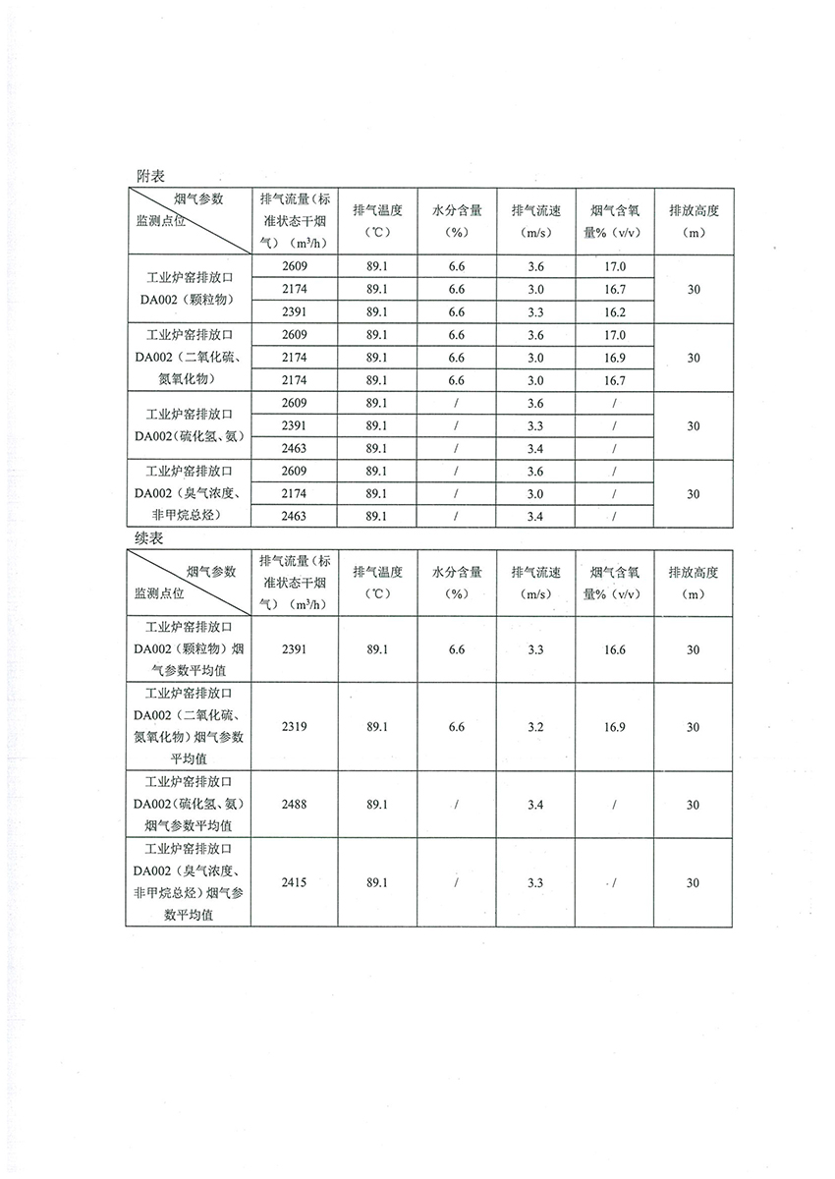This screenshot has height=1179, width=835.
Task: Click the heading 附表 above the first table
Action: [x=150, y=174]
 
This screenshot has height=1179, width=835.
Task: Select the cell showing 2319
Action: [x=294, y=727]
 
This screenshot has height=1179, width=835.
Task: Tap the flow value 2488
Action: [x=294, y=805]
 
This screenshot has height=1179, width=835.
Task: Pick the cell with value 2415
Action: [x=294, y=882]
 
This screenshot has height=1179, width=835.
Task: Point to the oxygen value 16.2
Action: [x=613, y=311]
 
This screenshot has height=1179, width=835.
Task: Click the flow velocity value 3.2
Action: [x=535, y=727]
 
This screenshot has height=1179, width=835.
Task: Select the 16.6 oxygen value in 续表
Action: [x=613, y=649]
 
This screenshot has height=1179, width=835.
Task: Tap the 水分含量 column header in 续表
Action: [x=456, y=583]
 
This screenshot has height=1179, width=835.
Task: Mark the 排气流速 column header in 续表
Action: [x=535, y=583]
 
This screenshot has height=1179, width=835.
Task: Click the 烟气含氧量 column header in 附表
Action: [x=613, y=221]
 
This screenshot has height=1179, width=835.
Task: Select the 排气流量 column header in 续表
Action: [x=294, y=583]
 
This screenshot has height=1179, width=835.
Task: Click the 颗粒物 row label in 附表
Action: [x=188, y=289]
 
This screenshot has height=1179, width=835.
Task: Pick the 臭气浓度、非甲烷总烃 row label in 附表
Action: [x=188, y=493]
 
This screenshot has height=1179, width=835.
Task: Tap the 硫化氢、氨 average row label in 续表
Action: [x=188, y=805]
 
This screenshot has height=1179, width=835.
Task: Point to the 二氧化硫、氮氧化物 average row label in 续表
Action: [x=188, y=727]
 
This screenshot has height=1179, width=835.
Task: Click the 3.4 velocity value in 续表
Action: [x=535, y=805]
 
